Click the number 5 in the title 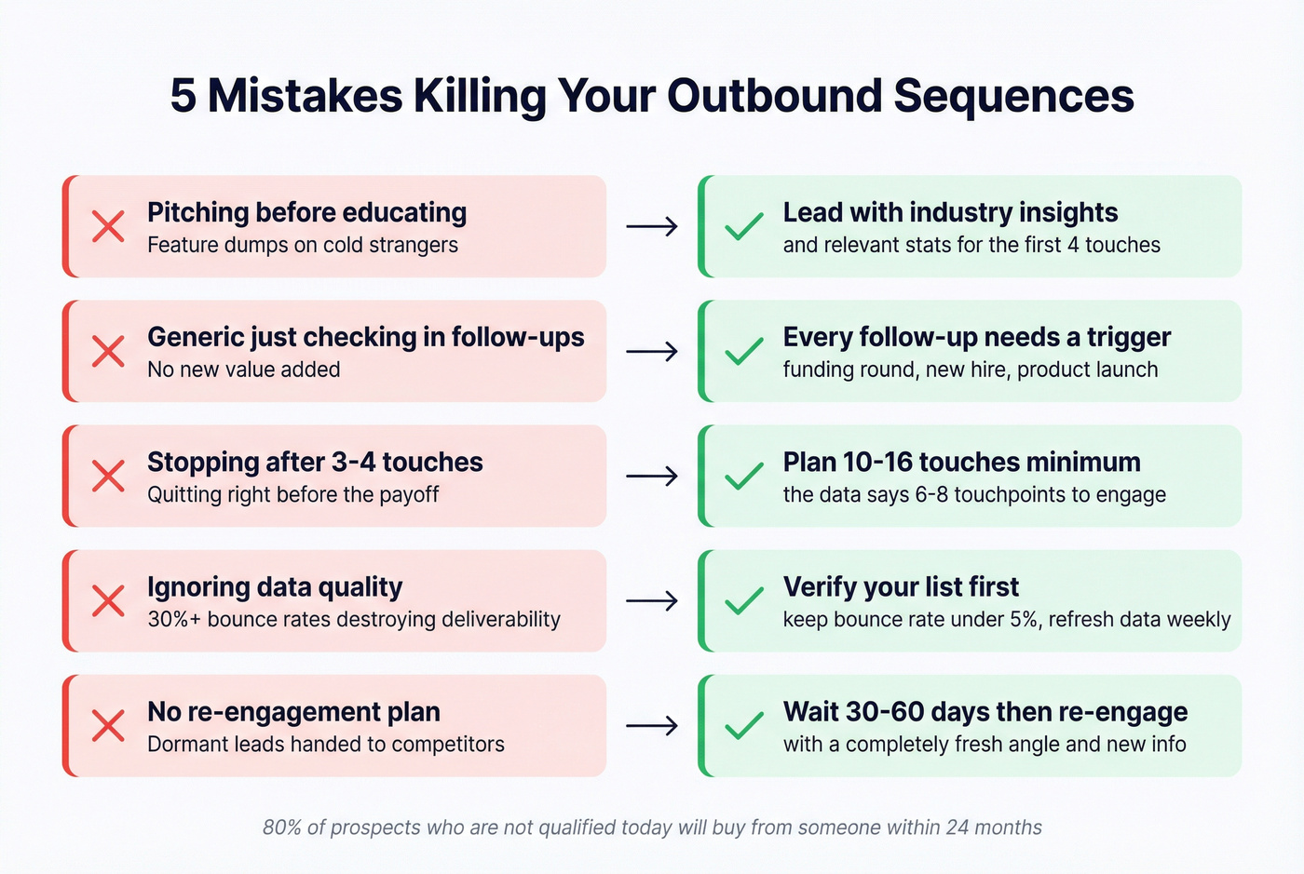point(183,96)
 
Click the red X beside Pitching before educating point(108,226)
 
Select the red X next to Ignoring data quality point(108,600)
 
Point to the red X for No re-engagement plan point(108,725)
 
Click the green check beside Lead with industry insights point(743,226)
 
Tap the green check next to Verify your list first point(743,600)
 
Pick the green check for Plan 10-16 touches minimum point(743,476)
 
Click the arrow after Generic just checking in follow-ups point(651,351)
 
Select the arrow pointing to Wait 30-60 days point(651,725)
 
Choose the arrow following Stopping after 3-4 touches point(651,476)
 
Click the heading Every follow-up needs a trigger point(976,337)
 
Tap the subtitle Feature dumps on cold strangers point(303,245)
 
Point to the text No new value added point(244,370)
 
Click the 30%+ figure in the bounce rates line point(174,619)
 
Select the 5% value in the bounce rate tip point(1023,619)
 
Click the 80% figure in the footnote point(282,827)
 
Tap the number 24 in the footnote point(958,827)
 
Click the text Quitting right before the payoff point(293,494)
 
